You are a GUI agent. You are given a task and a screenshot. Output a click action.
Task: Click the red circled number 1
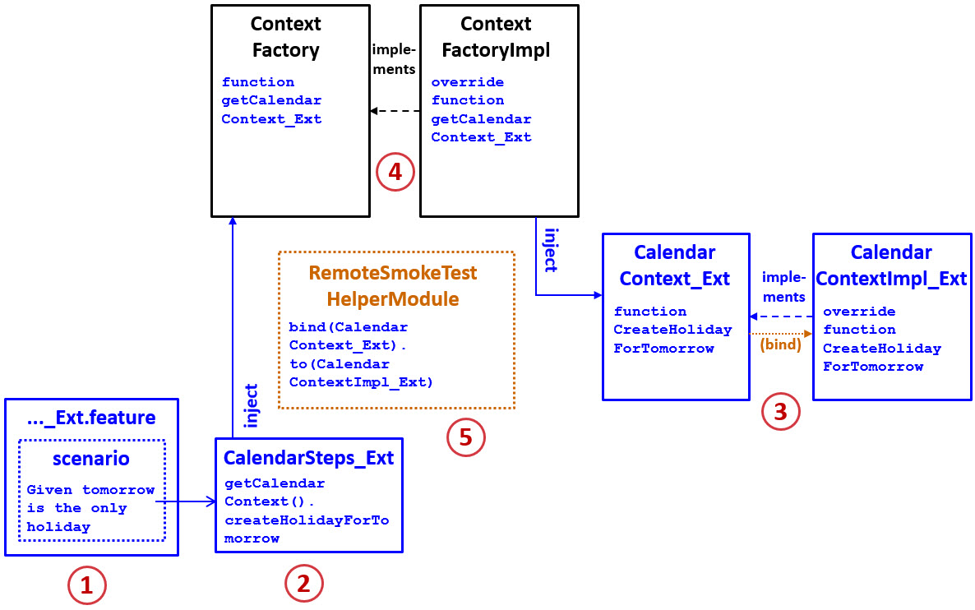[87, 585]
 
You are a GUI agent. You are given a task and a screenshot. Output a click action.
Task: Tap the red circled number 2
[304, 584]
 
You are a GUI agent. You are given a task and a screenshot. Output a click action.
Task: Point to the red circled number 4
[395, 172]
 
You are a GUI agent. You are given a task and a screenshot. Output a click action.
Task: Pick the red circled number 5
[466, 437]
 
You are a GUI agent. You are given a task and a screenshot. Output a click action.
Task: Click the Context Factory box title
[285, 37]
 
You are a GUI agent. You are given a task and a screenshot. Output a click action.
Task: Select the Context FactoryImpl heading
[496, 37]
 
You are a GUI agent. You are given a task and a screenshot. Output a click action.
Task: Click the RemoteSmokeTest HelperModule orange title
[392, 285]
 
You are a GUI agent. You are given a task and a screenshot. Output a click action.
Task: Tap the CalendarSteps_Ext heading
[309, 458]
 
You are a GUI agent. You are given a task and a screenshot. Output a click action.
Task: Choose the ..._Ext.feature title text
[91, 418]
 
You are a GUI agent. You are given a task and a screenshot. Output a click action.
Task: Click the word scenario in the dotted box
[91, 458]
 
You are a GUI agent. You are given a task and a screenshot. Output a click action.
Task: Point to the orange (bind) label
[780, 344]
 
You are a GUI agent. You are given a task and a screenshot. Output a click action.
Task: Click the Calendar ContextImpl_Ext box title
[891, 266]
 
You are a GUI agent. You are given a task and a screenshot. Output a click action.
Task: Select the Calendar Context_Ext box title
[675, 266]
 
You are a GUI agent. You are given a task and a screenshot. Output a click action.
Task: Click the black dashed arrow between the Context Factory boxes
[395, 110]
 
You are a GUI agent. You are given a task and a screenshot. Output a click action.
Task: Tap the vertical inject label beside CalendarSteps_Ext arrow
[252, 405]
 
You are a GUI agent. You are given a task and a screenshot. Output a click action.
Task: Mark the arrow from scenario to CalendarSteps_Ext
[185, 500]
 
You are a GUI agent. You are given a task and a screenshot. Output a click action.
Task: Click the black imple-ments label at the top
[394, 59]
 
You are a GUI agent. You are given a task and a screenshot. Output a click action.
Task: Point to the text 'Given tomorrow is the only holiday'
[90, 508]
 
